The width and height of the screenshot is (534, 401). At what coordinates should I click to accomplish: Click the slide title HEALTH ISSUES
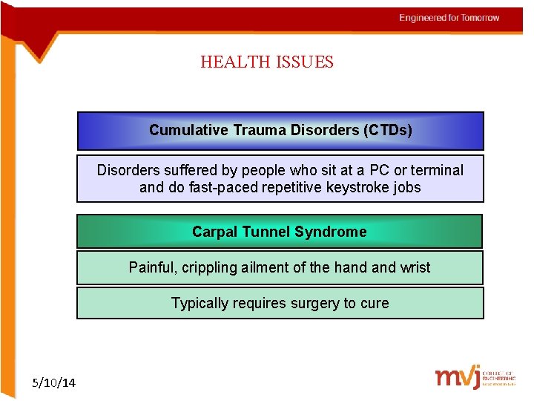point(267,62)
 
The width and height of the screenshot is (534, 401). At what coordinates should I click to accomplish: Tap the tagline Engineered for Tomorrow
point(449,18)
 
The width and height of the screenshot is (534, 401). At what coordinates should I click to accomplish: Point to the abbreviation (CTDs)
point(388,130)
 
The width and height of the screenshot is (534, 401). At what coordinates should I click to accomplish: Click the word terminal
point(436,170)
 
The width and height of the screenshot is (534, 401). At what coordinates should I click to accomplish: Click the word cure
point(375,303)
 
